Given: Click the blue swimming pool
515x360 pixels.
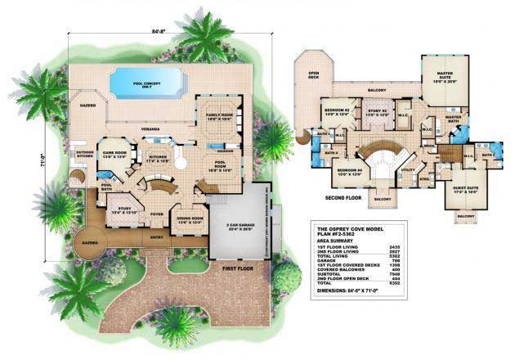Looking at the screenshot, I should [147, 82].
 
